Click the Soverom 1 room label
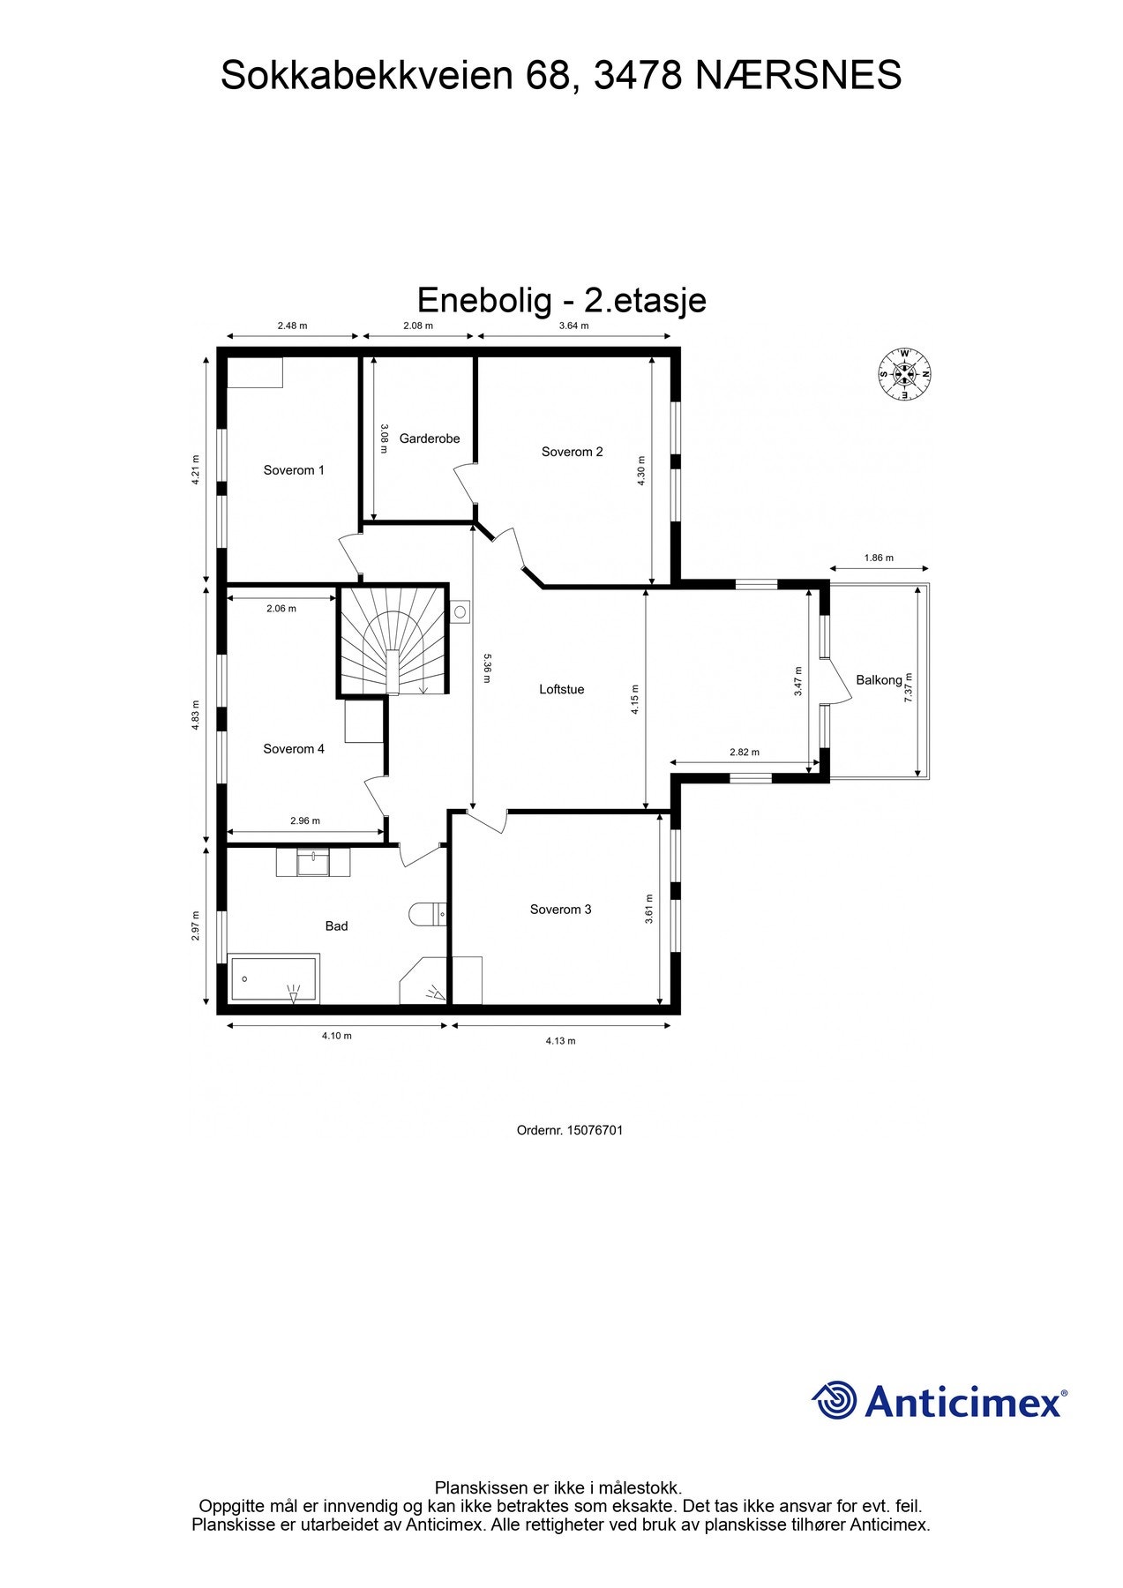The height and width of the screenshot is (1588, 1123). click(x=294, y=470)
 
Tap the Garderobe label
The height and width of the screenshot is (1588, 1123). click(x=429, y=438)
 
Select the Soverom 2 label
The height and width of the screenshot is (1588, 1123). click(x=572, y=452)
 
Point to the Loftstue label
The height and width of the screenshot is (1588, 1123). click(x=561, y=689)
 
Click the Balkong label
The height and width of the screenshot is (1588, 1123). click(x=879, y=680)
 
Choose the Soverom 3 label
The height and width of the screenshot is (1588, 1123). click(x=560, y=910)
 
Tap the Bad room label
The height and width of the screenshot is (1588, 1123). click(x=336, y=926)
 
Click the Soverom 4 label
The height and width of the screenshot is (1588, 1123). click(x=294, y=749)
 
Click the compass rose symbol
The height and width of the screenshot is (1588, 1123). click(x=904, y=373)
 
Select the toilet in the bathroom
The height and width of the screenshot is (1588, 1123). click(x=426, y=915)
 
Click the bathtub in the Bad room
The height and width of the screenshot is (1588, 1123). click(x=273, y=979)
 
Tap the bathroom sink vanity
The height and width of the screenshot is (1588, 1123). click(x=312, y=862)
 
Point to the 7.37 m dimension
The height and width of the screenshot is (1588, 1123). click(x=909, y=687)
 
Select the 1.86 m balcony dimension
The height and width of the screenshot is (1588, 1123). click(x=878, y=558)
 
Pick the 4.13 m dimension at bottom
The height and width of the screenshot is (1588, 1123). click(x=560, y=1041)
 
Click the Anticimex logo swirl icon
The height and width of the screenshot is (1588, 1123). click(x=834, y=1401)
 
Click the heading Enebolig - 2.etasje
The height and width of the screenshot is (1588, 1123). click(x=561, y=300)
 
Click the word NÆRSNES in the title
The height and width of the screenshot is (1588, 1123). click(x=798, y=75)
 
